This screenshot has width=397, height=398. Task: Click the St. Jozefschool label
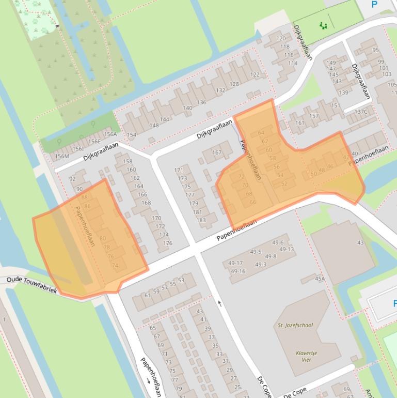click(295, 325)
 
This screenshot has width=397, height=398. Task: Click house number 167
click(217, 152)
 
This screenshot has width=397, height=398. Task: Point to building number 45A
click(320, 279)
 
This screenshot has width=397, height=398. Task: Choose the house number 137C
click(361, 112)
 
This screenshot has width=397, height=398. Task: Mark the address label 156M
click(62, 156)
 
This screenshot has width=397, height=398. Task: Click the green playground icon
click(324, 25)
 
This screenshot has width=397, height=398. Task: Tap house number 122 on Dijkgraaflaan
click(255, 74)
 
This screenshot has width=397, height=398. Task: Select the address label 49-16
click(238, 271)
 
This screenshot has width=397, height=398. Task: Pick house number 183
click(201, 220)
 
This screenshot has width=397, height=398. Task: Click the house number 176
click(167, 243)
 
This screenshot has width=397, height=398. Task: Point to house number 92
click(72, 179)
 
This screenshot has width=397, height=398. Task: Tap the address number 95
click(375, 50)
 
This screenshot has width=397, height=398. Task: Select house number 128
click(234, 84)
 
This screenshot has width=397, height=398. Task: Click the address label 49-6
click(278, 243)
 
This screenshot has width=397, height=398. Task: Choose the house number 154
click(132, 135)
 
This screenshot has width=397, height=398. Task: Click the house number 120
click(281, 38)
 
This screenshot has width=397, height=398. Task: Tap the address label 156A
click(110, 134)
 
